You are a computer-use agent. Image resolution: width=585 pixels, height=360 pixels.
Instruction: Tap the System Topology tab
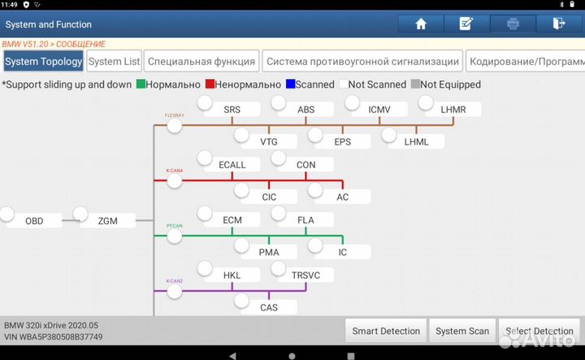[x=43, y=61]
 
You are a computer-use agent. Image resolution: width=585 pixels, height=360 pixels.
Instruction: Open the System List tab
[x=115, y=61]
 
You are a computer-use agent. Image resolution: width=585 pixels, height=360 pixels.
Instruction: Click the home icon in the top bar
[x=421, y=24]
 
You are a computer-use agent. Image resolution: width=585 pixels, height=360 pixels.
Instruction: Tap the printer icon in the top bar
[x=513, y=24]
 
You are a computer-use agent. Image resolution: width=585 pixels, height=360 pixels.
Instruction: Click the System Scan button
[x=461, y=331]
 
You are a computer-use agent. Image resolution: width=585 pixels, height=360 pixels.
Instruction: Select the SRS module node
[x=232, y=109]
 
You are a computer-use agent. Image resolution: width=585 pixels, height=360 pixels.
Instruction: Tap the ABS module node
[x=305, y=109]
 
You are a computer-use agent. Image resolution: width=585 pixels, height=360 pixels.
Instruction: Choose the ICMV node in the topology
[x=379, y=109]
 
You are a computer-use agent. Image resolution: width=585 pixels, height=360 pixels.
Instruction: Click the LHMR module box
[x=453, y=109]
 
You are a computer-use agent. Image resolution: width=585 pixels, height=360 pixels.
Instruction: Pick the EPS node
[x=342, y=141]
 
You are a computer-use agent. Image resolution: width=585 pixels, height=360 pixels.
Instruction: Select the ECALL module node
[x=232, y=165]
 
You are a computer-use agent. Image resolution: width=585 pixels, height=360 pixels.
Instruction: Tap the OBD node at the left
[x=34, y=220]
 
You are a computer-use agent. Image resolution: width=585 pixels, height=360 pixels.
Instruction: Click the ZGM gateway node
[x=107, y=220]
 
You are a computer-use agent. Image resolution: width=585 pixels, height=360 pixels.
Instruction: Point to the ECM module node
[x=232, y=219]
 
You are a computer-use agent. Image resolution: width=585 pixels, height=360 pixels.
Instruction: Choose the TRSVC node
[x=305, y=275]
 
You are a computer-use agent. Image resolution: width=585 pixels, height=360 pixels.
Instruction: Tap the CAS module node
[x=268, y=307]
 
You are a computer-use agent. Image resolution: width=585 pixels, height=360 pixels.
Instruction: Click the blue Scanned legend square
[x=290, y=84]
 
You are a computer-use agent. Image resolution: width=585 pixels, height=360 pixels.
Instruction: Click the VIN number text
[x=54, y=336]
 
